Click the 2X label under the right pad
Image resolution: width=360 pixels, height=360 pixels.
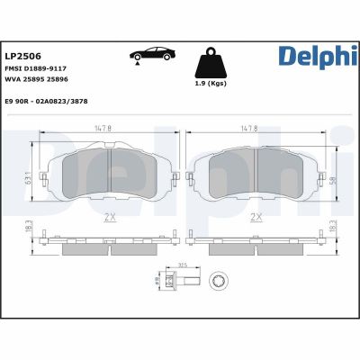click(x=256, y=217)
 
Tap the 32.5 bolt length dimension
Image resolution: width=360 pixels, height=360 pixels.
click(x=182, y=265)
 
